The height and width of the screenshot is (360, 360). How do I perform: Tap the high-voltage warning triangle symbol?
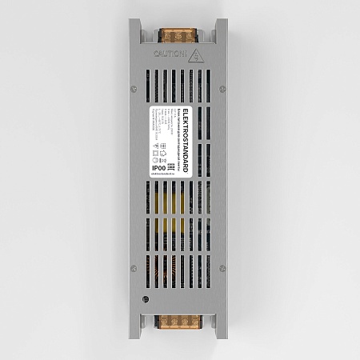click(x=195, y=54)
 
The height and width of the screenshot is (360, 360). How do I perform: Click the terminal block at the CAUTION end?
click(x=178, y=37)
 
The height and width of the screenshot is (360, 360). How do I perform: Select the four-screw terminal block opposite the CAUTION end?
click(x=178, y=324)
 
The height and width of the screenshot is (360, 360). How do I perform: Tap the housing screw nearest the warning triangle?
click(x=222, y=88)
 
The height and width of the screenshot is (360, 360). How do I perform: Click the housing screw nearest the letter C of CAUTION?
click(x=134, y=88)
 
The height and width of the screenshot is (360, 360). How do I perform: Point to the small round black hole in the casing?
click(x=146, y=300)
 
